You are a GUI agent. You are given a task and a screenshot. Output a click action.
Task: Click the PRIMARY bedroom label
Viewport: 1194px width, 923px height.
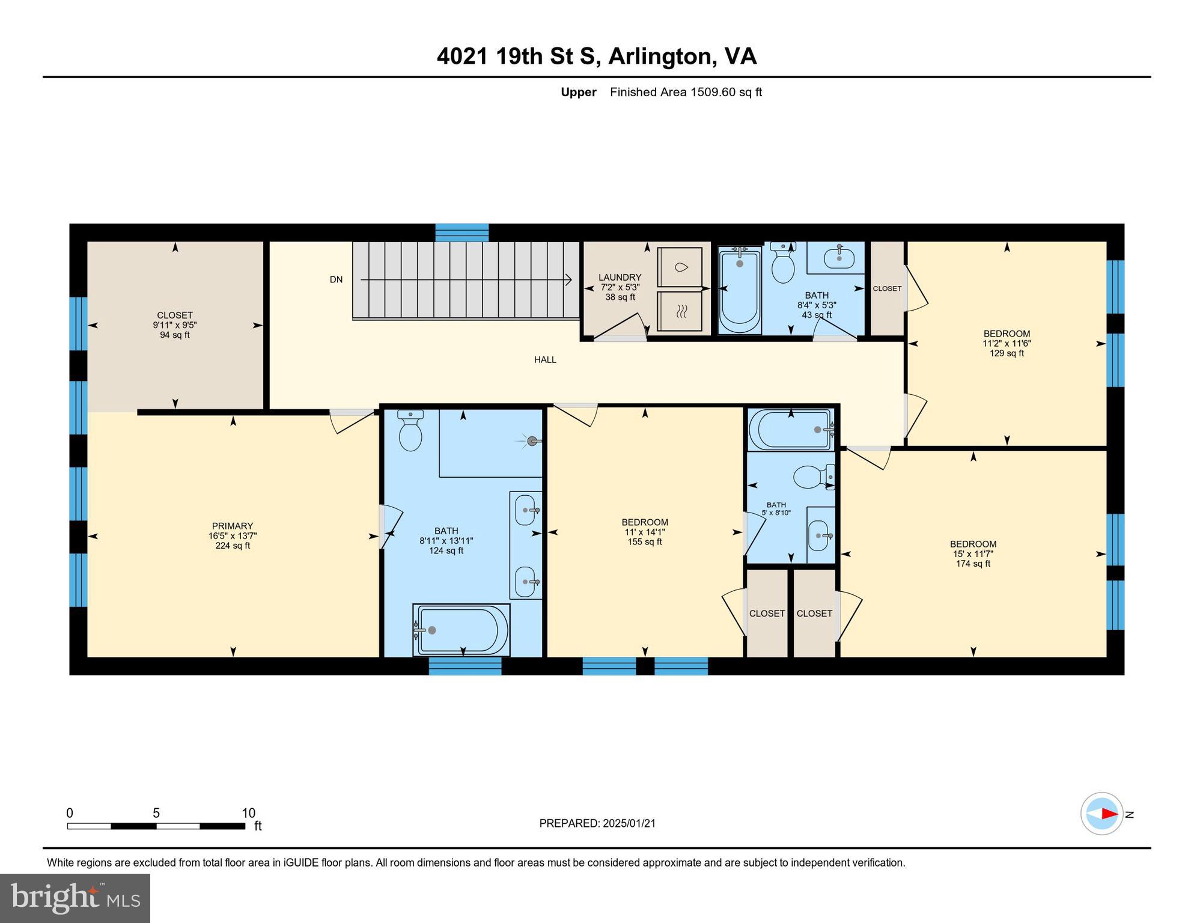click(x=233, y=526)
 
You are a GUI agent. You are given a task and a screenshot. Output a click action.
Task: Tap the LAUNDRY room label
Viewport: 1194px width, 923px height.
click(x=620, y=278)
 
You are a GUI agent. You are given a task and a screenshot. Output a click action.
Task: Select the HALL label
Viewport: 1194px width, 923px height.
click(x=545, y=360)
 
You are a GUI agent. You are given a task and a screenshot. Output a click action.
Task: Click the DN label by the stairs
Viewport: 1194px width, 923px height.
click(x=336, y=279)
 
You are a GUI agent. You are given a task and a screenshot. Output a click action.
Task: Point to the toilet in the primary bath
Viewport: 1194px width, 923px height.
click(x=411, y=432)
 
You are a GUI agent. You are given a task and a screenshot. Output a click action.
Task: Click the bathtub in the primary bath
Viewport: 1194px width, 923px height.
click(x=461, y=630)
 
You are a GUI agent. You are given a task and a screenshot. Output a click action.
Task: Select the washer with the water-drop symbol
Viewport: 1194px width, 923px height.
click(x=680, y=267)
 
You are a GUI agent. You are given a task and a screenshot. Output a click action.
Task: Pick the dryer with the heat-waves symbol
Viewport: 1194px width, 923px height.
click(x=680, y=311)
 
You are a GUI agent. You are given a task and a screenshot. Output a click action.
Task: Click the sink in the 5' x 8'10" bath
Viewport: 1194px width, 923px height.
click(x=819, y=535)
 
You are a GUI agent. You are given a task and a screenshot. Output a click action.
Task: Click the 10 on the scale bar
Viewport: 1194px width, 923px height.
click(x=248, y=813)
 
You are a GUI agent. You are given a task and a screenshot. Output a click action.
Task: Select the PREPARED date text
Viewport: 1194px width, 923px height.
click(x=597, y=823)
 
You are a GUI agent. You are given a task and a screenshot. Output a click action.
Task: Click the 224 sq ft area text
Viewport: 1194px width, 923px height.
click(x=233, y=546)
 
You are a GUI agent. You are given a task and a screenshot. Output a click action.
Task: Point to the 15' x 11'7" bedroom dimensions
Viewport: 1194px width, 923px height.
click(x=973, y=554)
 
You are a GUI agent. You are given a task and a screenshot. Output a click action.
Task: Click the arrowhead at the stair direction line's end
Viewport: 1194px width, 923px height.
click(x=568, y=279)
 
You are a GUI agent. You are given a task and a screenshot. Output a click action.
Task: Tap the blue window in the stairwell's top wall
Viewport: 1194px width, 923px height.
click(x=461, y=233)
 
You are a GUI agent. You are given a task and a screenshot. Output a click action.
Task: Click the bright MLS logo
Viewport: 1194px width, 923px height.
click(x=75, y=898)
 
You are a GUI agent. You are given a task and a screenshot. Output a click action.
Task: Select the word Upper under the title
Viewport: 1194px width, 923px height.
click(x=578, y=92)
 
